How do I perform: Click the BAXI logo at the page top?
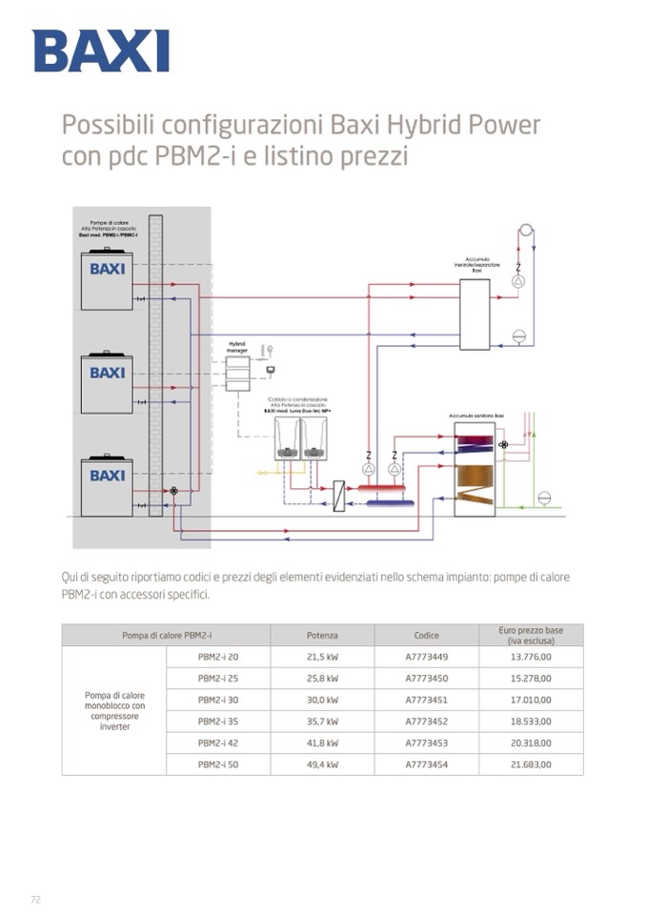click(100, 51)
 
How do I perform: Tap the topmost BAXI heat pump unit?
click(107, 280)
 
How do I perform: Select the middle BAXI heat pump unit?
click(107, 383)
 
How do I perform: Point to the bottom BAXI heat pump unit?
click(107, 486)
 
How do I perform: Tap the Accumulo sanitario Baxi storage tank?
click(474, 469)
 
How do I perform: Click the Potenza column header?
click(322, 635)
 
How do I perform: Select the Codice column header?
click(427, 635)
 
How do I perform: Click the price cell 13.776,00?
click(531, 657)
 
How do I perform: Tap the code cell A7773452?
click(427, 721)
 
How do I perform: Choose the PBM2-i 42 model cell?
click(218, 742)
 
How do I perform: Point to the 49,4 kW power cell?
click(322, 764)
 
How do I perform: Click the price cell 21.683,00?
click(531, 764)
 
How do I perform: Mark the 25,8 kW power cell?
click(322, 679)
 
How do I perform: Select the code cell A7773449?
click(427, 657)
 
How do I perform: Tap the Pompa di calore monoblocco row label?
click(114, 711)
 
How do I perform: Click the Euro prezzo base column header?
click(531, 635)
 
